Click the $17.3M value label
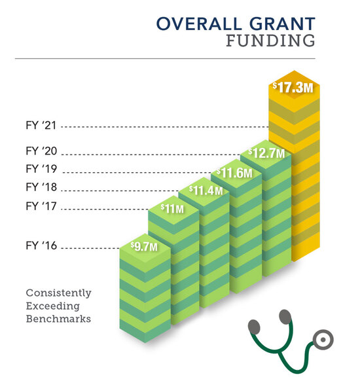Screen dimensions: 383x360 (293, 86)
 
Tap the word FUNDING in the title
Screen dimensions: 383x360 (270, 43)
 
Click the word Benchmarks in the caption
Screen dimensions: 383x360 (58, 319)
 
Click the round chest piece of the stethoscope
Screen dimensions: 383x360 (321, 340)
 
